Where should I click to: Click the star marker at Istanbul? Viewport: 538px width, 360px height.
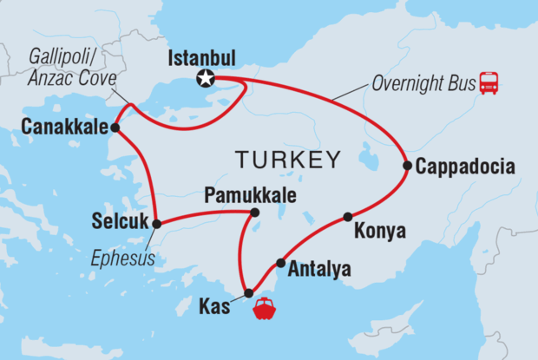206,78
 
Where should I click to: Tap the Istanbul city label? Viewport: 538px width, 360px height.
202,58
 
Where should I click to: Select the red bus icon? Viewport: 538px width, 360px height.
490,82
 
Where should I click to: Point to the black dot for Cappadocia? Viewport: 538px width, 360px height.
406,165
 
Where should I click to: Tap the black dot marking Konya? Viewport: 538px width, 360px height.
347,216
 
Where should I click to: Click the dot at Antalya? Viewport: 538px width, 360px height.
280,263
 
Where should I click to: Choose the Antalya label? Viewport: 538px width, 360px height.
321,270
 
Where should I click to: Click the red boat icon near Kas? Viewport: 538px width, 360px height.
265,309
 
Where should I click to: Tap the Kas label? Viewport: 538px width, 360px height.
214,306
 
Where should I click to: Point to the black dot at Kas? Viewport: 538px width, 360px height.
249,292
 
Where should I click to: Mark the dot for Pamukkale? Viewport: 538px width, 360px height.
254,212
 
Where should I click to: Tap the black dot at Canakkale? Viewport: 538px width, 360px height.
115,128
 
